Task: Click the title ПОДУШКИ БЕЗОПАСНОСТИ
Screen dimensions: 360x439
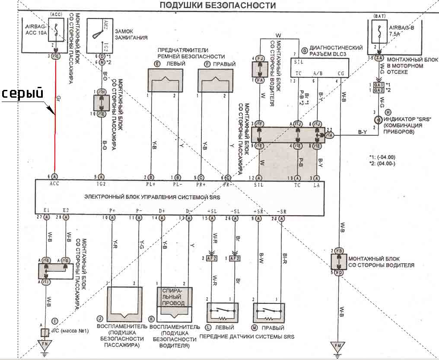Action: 218,6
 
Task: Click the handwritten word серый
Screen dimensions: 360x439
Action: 22,93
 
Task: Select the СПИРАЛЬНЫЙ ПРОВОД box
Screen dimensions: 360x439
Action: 175,296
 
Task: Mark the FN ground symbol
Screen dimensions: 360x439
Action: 44,345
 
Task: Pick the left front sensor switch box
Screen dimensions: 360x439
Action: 223,311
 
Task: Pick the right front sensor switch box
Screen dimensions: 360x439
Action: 269,311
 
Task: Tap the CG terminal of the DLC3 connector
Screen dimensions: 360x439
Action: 341,73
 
